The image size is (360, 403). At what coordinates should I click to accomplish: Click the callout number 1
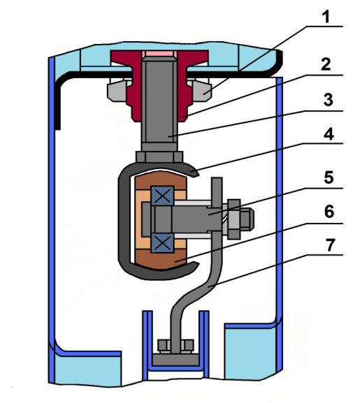tap(326, 17)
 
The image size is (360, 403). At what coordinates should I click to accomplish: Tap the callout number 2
tap(326, 64)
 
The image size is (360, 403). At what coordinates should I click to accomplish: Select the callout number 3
tap(328, 100)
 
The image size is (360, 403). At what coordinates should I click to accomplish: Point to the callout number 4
tap(329, 133)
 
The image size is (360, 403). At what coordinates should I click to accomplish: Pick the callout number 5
tap(329, 177)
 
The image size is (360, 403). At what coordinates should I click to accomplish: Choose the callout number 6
tap(329, 212)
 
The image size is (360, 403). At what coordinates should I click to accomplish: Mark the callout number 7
tap(331, 244)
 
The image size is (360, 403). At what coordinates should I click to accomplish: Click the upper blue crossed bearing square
tap(162, 196)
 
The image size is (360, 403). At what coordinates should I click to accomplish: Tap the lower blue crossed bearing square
tap(162, 243)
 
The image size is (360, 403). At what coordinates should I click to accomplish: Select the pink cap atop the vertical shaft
tap(159, 54)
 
